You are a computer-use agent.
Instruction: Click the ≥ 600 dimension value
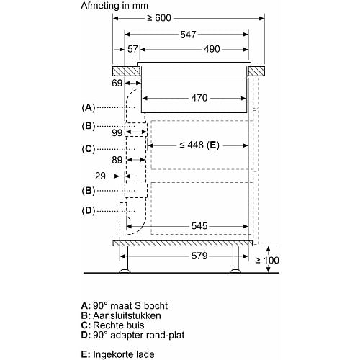click(159, 18)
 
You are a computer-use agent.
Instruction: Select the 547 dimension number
click(188, 35)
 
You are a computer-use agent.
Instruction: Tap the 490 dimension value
click(212, 49)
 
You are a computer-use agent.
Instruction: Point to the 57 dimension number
click(132, 49)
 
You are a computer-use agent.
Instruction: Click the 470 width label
click(199, 98)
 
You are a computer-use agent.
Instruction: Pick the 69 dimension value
click(117, 83)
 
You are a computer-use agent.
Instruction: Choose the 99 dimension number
click(117, 132)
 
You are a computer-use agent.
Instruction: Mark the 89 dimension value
click(117, 160)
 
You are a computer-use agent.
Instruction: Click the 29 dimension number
click(100, 176)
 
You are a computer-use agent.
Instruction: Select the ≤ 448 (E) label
click(199, 145)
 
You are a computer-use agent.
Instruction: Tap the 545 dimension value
click(199, 226)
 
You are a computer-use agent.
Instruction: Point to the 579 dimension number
click(199, 256)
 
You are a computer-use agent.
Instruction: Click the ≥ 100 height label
click(267, 261)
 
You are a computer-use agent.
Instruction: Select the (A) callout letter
click(89, 107)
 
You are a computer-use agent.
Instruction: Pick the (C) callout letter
click(89, 149)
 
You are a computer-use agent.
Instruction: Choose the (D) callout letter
click(89, 211)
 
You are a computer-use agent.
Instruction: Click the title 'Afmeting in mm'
click(114, 6)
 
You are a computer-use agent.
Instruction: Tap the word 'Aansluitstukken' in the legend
click(127, 315)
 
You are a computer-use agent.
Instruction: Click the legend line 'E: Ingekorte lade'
click(117, 354)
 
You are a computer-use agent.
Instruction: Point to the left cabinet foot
click(125, 259)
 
